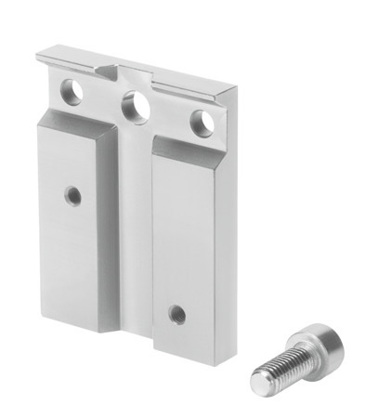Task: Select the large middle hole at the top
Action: [x=137, y=104]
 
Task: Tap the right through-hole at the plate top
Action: [x=200, y=121]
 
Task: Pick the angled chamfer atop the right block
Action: [x=190, y=150]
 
